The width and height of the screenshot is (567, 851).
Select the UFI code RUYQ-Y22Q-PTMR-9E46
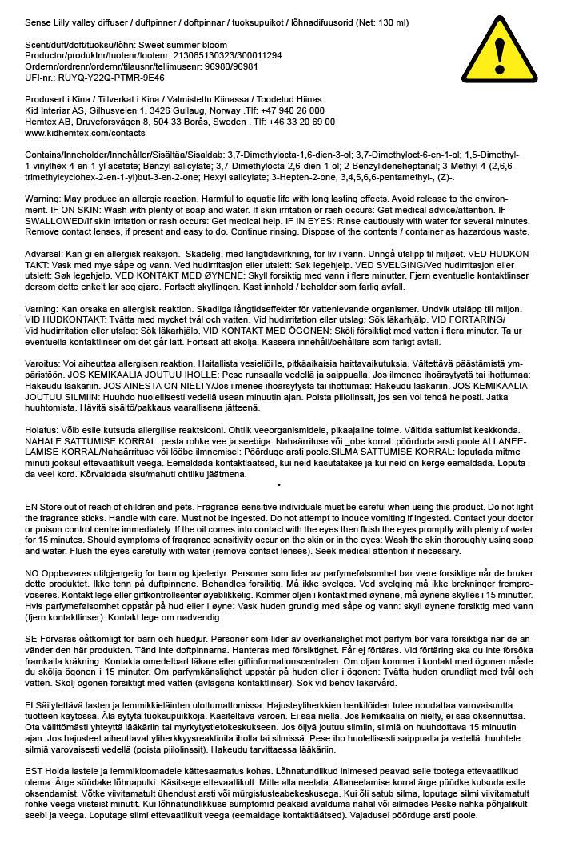point(106,78)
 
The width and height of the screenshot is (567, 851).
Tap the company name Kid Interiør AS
point(57,110)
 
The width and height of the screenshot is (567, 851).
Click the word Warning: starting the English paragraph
point(42,197)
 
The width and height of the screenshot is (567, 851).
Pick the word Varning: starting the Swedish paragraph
point(42,308)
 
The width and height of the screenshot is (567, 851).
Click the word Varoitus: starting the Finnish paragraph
point(43,363)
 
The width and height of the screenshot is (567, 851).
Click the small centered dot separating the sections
point(278,484)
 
